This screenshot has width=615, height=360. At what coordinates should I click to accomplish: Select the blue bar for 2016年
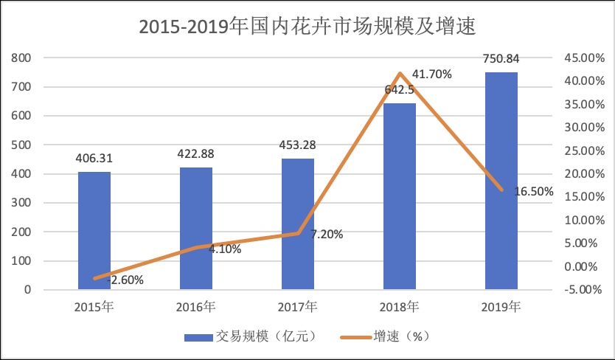196,228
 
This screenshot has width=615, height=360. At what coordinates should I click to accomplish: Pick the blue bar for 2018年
400,196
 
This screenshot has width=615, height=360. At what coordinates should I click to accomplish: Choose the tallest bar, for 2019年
501,181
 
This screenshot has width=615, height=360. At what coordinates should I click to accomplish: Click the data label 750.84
501,58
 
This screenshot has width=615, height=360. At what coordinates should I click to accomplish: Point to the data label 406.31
94,158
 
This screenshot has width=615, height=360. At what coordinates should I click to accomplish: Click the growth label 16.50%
533,191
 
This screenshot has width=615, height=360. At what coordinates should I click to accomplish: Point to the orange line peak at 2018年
400,73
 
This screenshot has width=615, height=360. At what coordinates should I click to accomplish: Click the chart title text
307,27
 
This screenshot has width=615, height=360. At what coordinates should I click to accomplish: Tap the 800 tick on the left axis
22,58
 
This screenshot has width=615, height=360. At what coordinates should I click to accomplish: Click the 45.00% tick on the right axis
581,58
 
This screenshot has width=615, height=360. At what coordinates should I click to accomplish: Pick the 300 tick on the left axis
22,203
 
